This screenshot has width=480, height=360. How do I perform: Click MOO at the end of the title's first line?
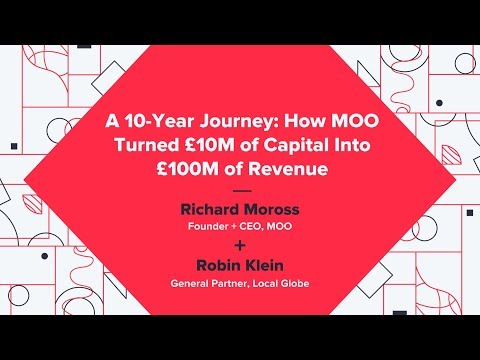click(x=355, y=121)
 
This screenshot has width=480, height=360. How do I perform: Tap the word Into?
click(x=353, y=145)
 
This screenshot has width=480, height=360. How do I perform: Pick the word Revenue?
click(x=288, y=169)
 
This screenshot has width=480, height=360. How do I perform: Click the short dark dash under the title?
click(x=242, y=191)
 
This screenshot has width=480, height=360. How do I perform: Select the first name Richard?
click(x=209, y=209)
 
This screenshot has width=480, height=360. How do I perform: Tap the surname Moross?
click(x=271, y=209)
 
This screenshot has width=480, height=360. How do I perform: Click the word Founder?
click(x=208, y=226)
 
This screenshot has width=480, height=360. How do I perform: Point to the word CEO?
click(x=251, y=227)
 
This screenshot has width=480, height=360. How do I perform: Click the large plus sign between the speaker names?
click(x=240, y=246)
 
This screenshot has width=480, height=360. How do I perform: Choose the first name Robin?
click(x=218, y=265)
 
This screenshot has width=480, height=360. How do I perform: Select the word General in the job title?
click(x=189, y=284)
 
